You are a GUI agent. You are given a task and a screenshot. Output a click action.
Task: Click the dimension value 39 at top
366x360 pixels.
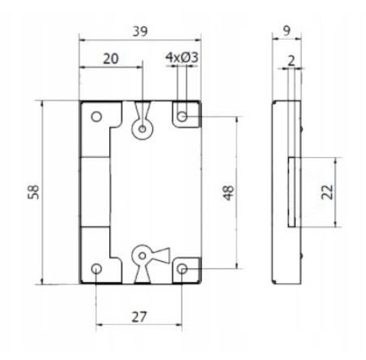140,32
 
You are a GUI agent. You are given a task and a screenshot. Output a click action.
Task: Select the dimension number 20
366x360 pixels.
111,58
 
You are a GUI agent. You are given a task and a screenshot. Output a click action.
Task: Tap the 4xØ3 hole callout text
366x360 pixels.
181,58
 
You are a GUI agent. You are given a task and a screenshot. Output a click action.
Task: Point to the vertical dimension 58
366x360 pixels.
34,192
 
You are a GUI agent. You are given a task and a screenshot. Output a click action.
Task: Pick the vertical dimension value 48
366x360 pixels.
228,193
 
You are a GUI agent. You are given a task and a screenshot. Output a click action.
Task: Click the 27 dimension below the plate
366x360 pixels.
139,317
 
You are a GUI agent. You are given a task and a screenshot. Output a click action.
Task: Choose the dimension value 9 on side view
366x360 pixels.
287,31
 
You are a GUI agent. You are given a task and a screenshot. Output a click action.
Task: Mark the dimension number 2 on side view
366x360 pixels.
292,61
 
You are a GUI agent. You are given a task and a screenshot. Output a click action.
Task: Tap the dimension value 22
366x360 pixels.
327,192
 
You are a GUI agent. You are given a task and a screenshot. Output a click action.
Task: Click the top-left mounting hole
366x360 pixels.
96,117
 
